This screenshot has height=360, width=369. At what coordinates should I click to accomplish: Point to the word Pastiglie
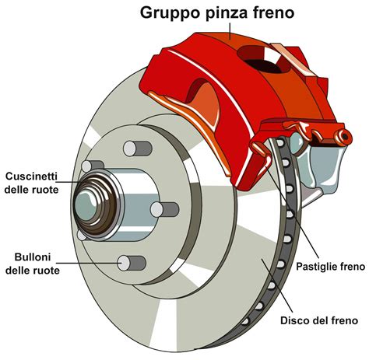315,266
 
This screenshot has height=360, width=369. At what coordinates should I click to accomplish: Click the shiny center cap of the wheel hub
86,205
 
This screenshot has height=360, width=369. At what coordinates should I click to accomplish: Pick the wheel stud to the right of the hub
163,208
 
